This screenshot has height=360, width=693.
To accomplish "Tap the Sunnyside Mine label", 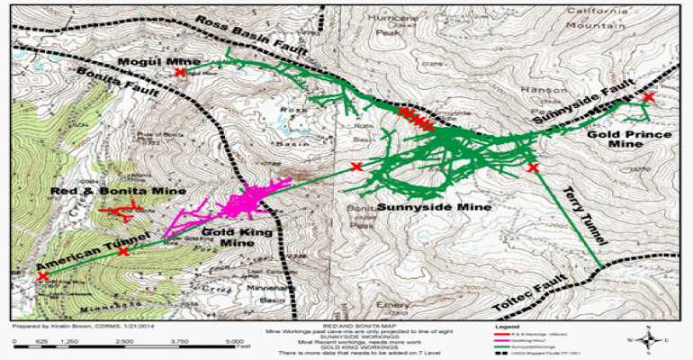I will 434,207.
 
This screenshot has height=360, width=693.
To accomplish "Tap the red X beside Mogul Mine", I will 181,70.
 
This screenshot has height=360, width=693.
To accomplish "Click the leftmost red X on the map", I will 42,276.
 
